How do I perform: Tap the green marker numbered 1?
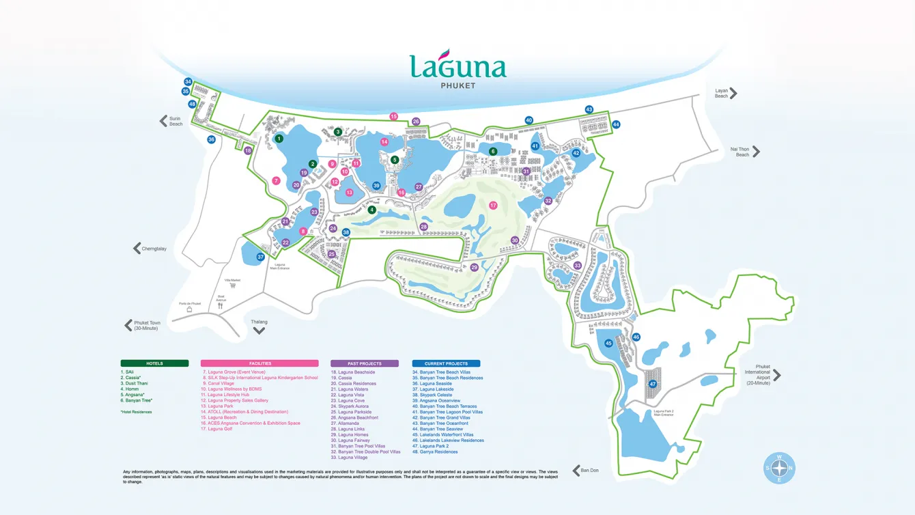(279, 139)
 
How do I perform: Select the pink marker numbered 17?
(493, 205)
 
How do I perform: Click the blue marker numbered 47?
(653, 384)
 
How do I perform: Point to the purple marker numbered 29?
(474, 267)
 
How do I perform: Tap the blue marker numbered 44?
(616, 124)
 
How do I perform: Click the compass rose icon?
(779, 468)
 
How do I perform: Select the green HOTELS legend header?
(154, 363)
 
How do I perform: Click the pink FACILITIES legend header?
(259, 363)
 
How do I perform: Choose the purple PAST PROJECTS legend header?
(364, 363)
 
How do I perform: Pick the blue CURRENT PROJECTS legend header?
(446, 363)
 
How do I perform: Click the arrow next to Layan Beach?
(733, 94)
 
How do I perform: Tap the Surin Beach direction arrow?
(164, 121)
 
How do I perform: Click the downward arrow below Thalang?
(259, 331)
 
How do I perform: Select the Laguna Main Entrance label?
(279, 266)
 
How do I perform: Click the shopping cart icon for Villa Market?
(233, 286)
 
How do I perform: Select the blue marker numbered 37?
(260, 257)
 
